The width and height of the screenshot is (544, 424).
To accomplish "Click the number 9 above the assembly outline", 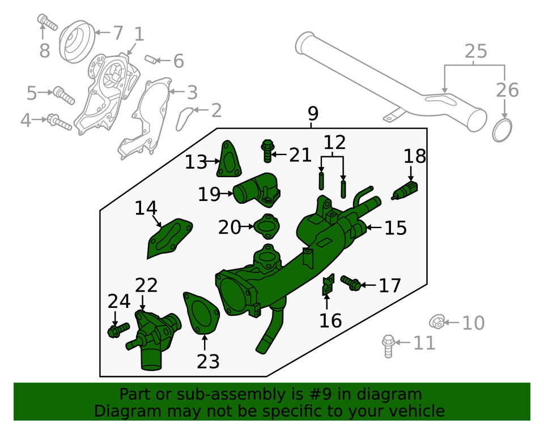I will pos(313,114).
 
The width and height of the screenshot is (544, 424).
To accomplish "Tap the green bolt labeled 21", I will pos(267,149).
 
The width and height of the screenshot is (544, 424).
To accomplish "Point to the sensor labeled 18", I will pos(405,191).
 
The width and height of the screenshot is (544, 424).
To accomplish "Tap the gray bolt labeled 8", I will pos(48,23).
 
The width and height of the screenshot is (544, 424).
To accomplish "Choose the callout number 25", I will pos(475,52).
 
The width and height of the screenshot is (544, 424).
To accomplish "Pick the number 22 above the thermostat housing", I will pos(146,285).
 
